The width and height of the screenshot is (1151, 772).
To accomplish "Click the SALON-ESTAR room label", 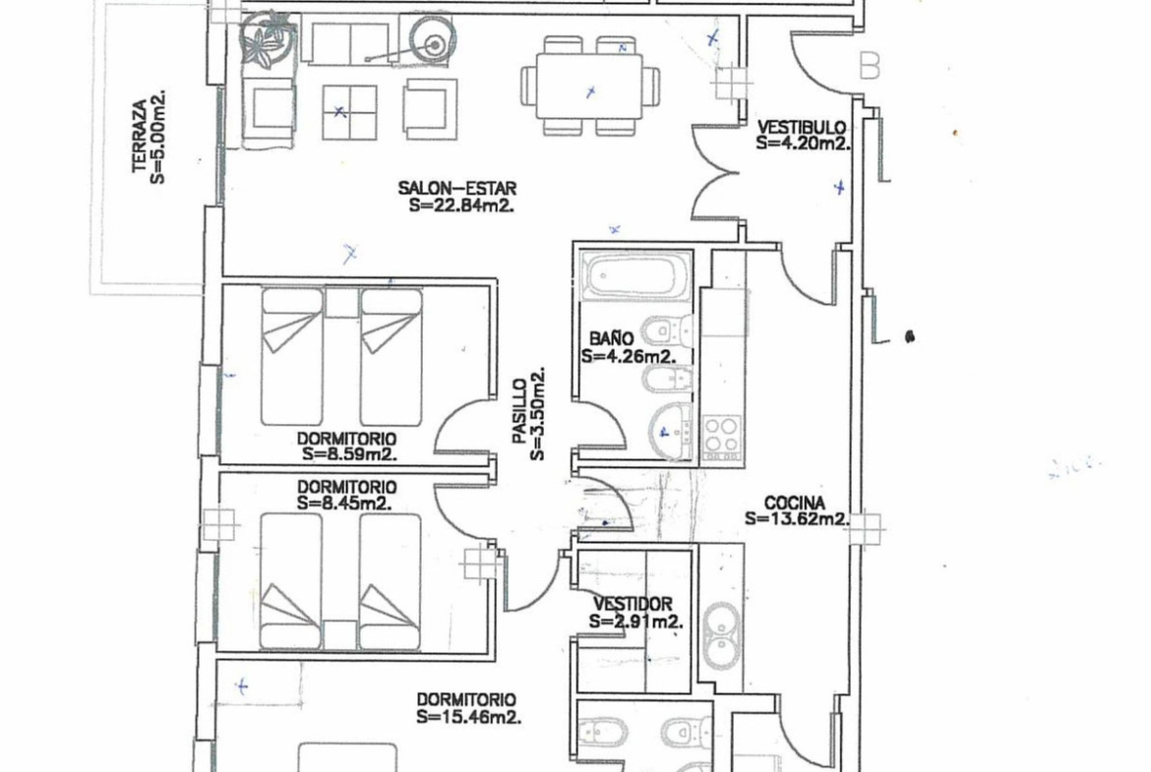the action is coord(457,188).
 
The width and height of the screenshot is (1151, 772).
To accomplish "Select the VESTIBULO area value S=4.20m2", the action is coord(803,144).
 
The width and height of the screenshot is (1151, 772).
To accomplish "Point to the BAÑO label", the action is coord(612,338).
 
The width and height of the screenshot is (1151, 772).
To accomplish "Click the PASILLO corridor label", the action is coord(519,411).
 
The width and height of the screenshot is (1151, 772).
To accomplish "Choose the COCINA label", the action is coord(794,504).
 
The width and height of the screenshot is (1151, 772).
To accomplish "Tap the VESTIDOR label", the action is coord(633,604).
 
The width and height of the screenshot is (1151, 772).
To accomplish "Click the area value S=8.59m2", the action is coord(349,454).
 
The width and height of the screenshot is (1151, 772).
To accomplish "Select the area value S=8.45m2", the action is coord(344,504).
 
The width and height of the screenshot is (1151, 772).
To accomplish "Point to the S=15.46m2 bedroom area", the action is coord(469,717).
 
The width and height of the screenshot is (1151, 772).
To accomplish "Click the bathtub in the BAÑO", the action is coord(636,276).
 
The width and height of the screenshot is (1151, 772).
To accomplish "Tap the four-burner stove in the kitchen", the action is coord(721,435).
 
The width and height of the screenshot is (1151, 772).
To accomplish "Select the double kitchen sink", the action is coord(721,637).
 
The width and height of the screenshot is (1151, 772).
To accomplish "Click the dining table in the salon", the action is coord(591,87).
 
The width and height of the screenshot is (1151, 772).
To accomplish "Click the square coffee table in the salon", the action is coord(349,113).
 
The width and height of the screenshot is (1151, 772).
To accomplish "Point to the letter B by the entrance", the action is coord(870,66).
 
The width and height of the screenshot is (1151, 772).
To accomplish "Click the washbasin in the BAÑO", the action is coord(670,427).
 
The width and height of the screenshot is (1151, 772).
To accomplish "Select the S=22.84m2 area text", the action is coord(461,206).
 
